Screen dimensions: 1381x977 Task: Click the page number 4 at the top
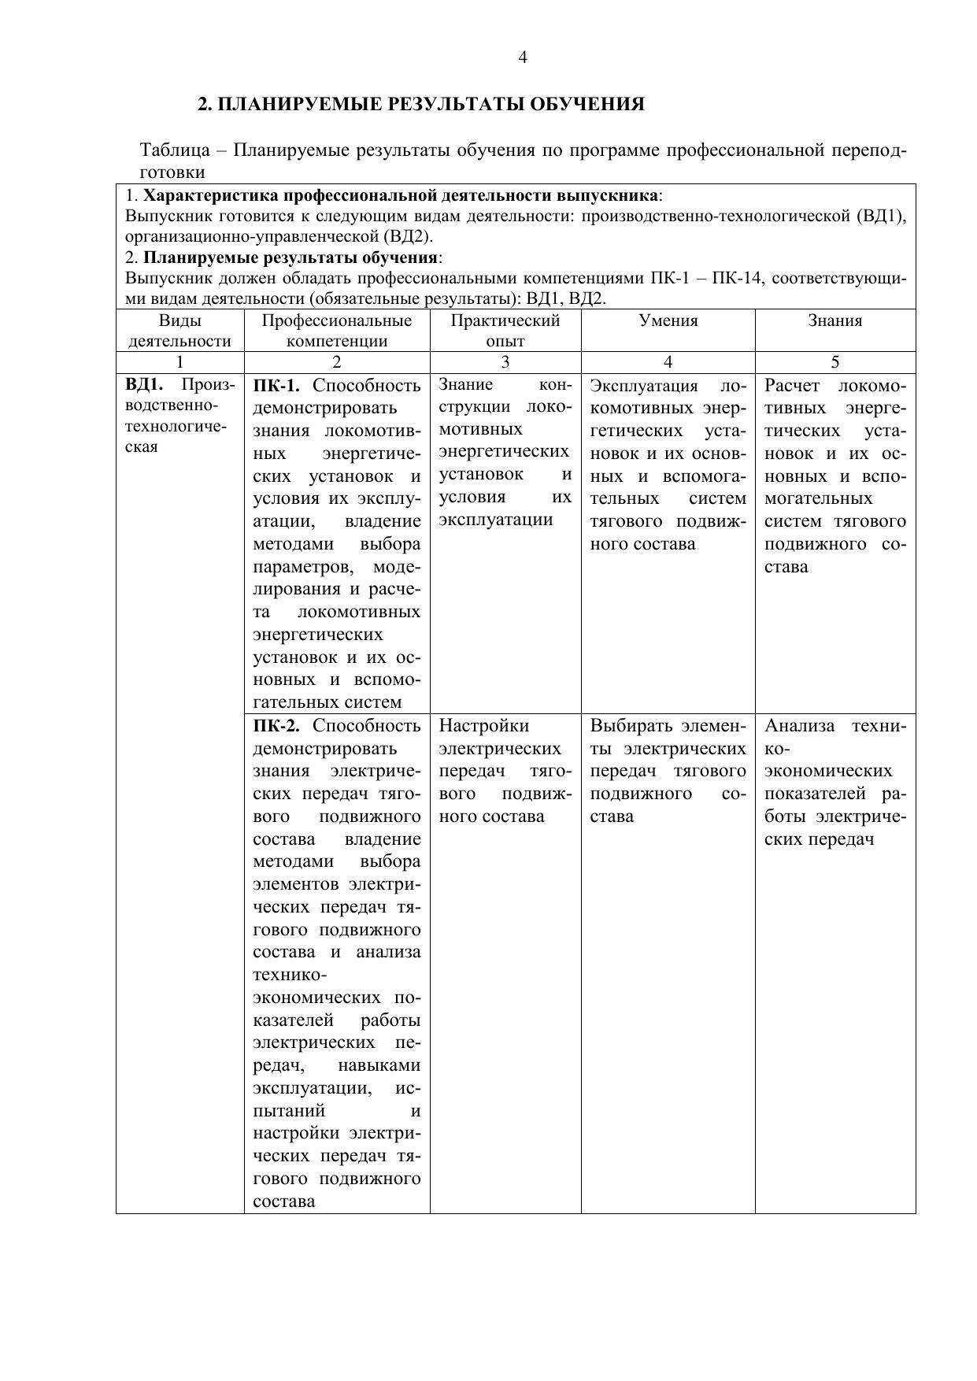point(523,57)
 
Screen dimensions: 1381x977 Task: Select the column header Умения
point(668,320)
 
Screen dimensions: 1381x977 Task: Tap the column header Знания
point(835,320)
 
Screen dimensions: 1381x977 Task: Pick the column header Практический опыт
point(505,331)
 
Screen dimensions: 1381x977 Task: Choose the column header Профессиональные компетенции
point(336,331)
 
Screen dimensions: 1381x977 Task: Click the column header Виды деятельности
point(179,331)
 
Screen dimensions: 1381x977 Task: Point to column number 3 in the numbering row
point(505,362)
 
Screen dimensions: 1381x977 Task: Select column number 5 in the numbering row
point(835,362)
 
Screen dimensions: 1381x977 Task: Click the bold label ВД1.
point(144,385)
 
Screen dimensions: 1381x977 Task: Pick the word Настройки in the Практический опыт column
point(483,725)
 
